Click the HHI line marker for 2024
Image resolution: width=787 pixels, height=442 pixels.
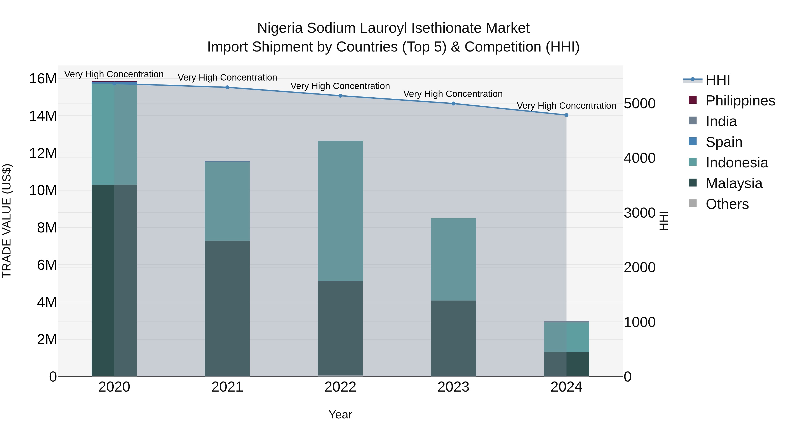pyautogui.click(x=566, y=115)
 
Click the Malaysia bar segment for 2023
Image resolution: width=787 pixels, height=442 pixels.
pyautogui.click(x=453, y=338)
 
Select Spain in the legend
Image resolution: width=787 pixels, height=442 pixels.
pyautogui.click(x=724, y=142)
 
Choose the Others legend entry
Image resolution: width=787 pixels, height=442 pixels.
pyautogui.click(x=727, y=204)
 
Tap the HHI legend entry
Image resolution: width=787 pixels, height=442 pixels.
pyautogui.click(x=718, y=80)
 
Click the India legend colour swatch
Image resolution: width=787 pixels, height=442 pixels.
pyautogui.click(x=693, y=121)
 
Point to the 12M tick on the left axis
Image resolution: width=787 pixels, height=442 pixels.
pyautogui.click(x=43, y=153)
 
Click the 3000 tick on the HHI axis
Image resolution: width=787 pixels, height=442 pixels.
pyautogui.click(x=639, y=213)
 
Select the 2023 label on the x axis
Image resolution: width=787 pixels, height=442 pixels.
pyautogui.click(x=453, y=387)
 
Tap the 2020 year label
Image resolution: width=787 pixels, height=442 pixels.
pyautogui.click(x=114, y=387)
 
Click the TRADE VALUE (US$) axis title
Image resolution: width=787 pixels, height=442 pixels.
pyautogui.click(x=7, y=221)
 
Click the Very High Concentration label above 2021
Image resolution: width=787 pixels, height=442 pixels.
pyautogui.click(x=227, y=77)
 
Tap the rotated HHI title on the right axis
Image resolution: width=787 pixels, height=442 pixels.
pyautogui.click(x=663, y=221)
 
